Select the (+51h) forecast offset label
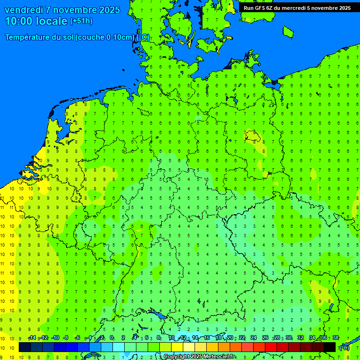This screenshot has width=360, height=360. [x=81, y=21]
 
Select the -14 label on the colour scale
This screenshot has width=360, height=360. [x=32, y=338]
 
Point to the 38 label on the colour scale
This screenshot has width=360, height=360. [x=336, y=338]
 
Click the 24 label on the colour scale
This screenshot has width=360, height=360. [x=254, y=338]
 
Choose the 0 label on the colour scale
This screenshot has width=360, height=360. [x=112, y=338]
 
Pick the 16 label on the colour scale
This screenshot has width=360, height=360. [x=206, y=338]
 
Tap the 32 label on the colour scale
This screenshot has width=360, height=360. [x=300, y=338]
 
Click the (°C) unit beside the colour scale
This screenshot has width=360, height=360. [x=344, y=348]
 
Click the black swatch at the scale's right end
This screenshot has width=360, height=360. [x=330, y=347]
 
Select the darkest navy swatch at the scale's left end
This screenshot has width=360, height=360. [x=25, y=347]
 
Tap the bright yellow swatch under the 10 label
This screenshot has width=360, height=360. [x=177, y=347]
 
